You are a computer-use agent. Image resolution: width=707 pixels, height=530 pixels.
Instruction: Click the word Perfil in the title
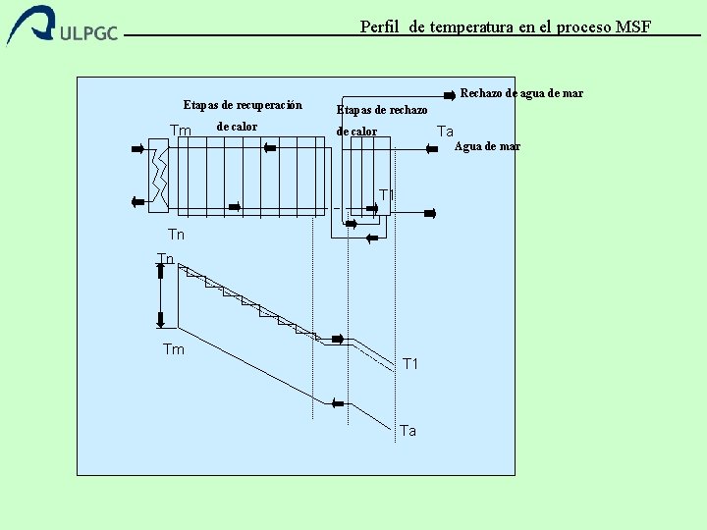tap(378, 26)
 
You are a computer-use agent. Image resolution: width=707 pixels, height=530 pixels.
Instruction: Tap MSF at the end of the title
tap(633, 26)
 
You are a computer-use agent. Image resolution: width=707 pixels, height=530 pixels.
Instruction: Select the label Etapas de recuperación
tap(243, 105)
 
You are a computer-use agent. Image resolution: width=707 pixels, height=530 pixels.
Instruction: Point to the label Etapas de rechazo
tap(382, 110)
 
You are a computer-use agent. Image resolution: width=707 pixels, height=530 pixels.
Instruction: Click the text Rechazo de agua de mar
tap(521, 93)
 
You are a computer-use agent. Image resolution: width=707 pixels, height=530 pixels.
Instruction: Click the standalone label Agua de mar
tap(487, 146)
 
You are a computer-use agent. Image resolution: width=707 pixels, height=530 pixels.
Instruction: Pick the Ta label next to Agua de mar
tap(445, 132)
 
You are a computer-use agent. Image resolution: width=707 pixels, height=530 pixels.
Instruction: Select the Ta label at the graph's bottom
tap(408, 431)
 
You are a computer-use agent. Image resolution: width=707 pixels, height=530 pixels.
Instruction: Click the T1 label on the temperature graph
tap(410, 364)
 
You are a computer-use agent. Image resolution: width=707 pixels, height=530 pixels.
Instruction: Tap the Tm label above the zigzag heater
tap(181, 131)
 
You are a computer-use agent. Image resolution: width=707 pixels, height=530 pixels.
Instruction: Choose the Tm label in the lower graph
tap(173, 349)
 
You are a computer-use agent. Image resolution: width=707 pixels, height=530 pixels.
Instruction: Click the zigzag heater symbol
tap(158, 177)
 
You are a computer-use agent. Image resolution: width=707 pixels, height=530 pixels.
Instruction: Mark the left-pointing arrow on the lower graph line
tap(339, 401)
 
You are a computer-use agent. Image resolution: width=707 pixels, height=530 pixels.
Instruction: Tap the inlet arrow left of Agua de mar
tap(430, 148)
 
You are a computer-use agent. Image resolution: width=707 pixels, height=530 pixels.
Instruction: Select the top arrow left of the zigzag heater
tap(136, 149)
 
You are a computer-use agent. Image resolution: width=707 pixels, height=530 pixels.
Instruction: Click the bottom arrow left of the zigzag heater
tap(136, 201)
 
